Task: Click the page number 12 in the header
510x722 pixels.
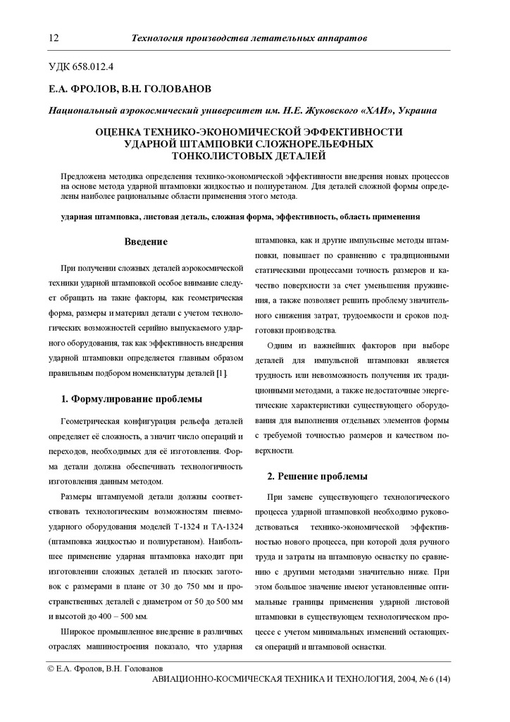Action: click(54, 37)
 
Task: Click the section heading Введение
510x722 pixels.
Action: click(146, 242)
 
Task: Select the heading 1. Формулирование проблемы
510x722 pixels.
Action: click(132, 399)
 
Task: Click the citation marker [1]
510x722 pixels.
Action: click(221, 372)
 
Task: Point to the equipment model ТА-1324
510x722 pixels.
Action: click(225, 529)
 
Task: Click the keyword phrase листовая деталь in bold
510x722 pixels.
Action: click(172, 217)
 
